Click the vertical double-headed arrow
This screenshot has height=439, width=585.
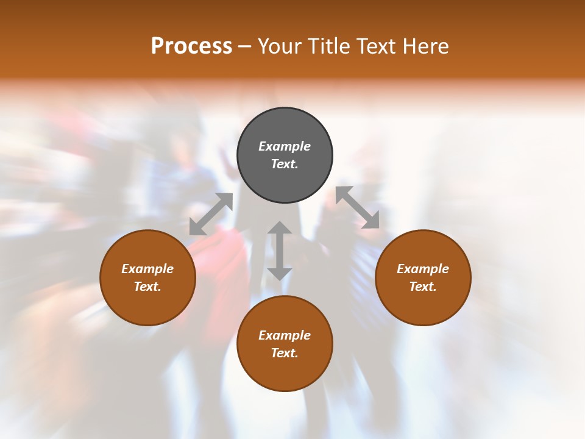click(280, 251)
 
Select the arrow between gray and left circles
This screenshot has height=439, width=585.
click(211, 214)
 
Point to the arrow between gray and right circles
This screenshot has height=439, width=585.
click(357, 207)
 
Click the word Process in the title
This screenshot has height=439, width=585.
click(191, 46)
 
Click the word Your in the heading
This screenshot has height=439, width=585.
click(278, 46)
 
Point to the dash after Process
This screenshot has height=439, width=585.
click(245, 46)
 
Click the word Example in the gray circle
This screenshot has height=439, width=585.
click(285, 146)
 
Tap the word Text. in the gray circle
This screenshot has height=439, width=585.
click(285, 164)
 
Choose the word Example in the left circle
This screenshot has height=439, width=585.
click(147, 269)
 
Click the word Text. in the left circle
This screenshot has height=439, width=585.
click(147, 287)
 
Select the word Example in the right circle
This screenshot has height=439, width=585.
click(423, 269)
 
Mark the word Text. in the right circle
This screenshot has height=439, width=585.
click(423, 287)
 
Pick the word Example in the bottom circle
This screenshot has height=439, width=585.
click(285, 335)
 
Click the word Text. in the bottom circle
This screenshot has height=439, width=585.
click(285, 353)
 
